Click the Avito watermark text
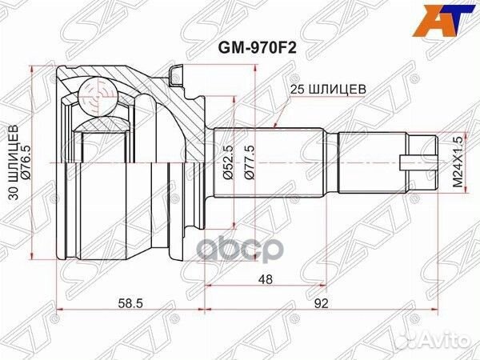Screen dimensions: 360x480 point(445,342)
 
